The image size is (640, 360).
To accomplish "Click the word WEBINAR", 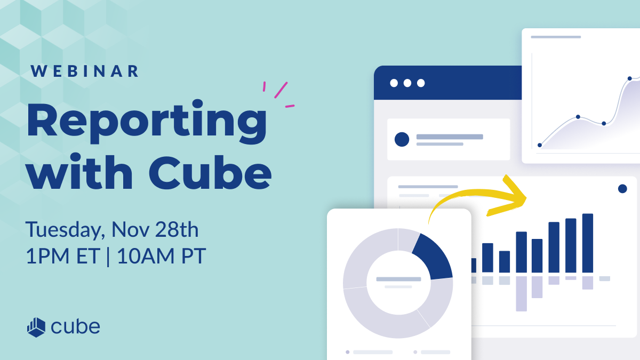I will pos(85,71).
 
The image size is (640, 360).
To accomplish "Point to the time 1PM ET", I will pos(62,257).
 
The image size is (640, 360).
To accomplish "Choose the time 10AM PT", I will pos(161,257).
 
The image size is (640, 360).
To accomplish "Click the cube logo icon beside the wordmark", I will pos(36,326).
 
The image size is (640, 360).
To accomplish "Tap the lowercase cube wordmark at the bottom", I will pos(76,326).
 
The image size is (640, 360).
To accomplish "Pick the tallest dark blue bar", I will pos(588,243).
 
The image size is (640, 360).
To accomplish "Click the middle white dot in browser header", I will pos(407,83).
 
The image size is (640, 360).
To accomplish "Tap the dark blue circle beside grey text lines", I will pos(402,140).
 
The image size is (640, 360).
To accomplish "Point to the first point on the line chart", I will pos(540,145).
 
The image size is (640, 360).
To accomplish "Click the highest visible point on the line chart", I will pos(630,78).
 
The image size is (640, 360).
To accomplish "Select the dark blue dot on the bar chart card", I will pos(622,189).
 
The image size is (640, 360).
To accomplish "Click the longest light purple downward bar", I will pos(521,293).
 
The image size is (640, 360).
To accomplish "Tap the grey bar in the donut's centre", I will pos(398,279).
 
